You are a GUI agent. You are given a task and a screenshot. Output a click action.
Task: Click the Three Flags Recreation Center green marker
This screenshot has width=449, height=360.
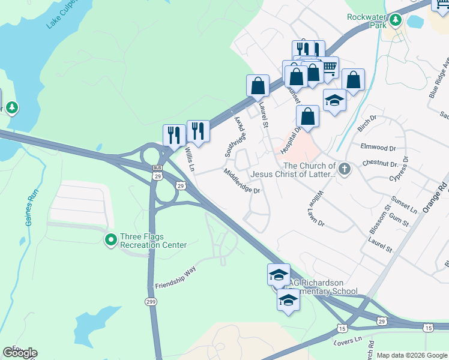111,241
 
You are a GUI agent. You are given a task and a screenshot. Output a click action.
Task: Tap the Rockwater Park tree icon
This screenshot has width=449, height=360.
395,21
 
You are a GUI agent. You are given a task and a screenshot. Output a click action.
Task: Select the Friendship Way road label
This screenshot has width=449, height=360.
175,277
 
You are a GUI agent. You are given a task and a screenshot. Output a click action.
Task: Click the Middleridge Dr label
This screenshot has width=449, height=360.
243,182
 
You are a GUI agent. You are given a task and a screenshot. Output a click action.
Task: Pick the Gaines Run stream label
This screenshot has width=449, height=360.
31,208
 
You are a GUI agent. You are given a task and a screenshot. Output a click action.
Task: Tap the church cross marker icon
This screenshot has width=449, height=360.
345,169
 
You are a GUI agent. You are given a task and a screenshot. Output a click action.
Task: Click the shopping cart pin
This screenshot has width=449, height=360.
328,67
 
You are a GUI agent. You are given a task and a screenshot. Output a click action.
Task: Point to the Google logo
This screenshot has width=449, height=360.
20,353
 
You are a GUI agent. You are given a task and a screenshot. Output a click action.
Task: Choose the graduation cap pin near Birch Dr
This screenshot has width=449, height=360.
334,100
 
